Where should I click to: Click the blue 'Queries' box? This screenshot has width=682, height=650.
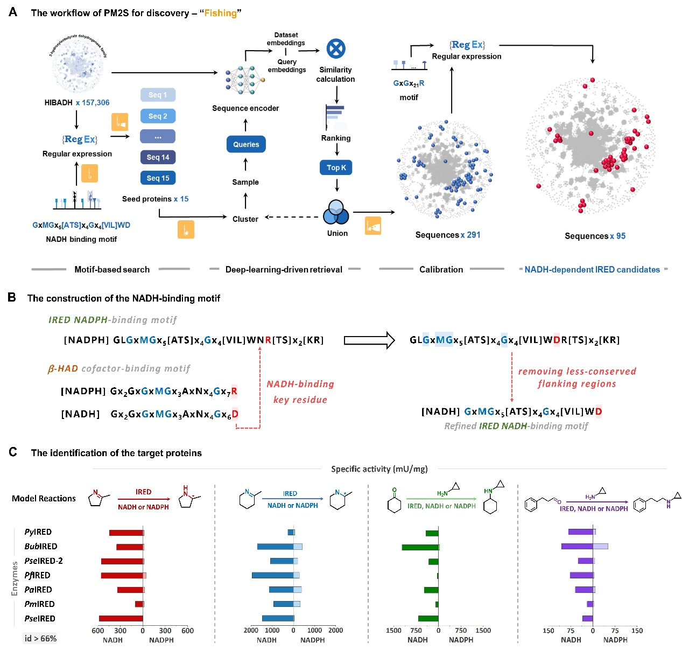246,144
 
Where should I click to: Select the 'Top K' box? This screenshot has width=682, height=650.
336,167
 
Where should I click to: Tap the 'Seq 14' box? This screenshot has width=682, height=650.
158,157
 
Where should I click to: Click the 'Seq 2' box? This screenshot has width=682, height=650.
158,116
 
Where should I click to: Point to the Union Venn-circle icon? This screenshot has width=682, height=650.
336,213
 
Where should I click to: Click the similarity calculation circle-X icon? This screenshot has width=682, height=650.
336,49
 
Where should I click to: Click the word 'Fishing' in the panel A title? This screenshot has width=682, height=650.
220,13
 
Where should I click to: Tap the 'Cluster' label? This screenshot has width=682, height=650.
245,219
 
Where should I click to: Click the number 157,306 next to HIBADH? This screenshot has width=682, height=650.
96,102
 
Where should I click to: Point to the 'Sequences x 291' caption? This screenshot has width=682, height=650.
448,235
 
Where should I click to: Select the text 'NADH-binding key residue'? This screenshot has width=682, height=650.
300,392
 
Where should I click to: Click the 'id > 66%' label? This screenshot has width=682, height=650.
41,639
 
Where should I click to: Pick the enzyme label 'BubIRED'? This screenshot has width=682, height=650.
41,547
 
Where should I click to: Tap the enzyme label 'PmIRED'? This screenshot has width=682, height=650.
40,604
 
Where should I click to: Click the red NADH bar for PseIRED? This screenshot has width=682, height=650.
121,618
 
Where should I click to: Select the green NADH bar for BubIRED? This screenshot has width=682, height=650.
420,547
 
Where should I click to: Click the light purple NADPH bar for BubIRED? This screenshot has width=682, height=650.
600,546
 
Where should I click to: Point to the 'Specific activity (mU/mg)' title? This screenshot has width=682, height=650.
379,469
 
